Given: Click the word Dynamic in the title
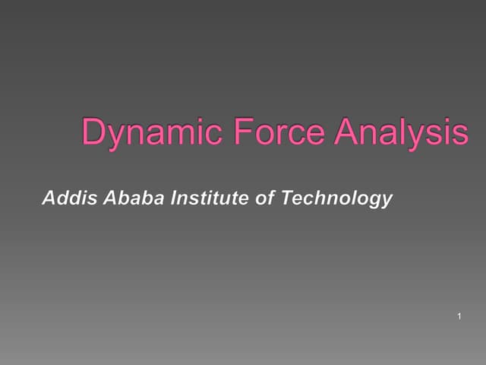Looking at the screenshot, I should click(149, 132).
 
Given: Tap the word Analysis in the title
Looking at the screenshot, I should click(402, 132).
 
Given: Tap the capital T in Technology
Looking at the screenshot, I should click(286, 199).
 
